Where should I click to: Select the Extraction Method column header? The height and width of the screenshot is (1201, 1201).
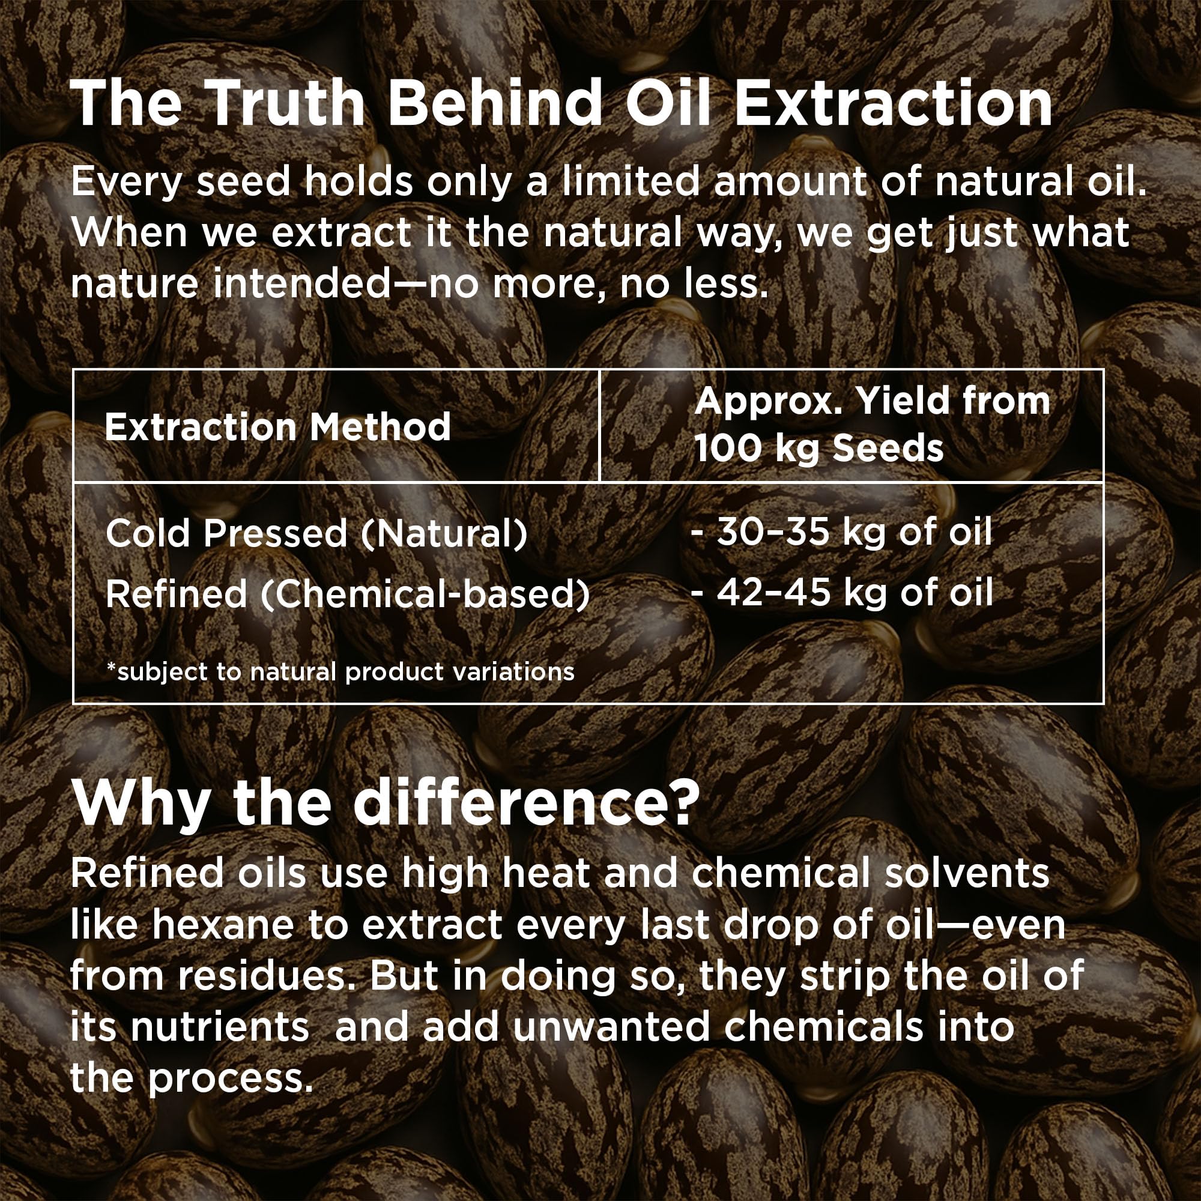coord(277,427)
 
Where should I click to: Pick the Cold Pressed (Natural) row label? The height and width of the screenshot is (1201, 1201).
coord(316,533)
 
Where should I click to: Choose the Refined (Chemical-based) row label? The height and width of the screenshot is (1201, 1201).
coord(348,594)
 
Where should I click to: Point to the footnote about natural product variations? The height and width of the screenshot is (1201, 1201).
coord(340,672)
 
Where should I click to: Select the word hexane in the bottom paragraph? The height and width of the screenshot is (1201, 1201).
coord(222,925)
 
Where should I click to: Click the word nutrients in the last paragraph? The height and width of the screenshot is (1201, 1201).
coord(219,1026)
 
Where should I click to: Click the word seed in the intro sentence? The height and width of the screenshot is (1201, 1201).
coord(243,181)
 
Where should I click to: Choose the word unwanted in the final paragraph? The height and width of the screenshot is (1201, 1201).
coord(611,1026)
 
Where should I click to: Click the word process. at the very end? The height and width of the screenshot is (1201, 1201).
coord(230,1080)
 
